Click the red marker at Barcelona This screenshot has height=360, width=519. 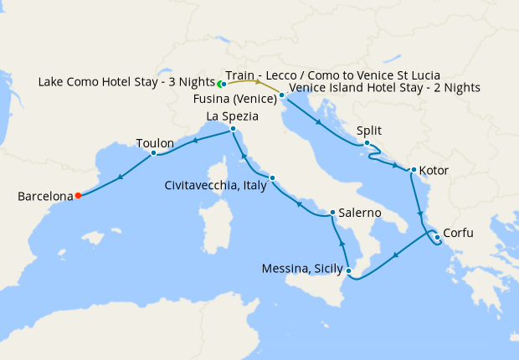(78, 196)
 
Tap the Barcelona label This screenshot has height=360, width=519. (45, 197)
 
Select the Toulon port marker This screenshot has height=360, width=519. (153, 153)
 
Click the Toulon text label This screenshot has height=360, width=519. (156, 141)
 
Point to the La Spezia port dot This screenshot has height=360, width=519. (233, 129)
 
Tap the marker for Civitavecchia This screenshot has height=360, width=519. (272, 177)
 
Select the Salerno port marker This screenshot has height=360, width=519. (332, 213)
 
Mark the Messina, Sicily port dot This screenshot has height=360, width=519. (349, 270)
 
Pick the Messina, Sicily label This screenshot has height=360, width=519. (302, 269)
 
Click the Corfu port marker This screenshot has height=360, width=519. (437, 237)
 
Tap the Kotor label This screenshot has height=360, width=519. (434, 171)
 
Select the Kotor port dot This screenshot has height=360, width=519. (413, 171)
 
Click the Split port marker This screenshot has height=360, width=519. (367, 144)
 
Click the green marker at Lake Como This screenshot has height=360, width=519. (221, 85)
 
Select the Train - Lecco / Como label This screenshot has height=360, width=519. (333, 75)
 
